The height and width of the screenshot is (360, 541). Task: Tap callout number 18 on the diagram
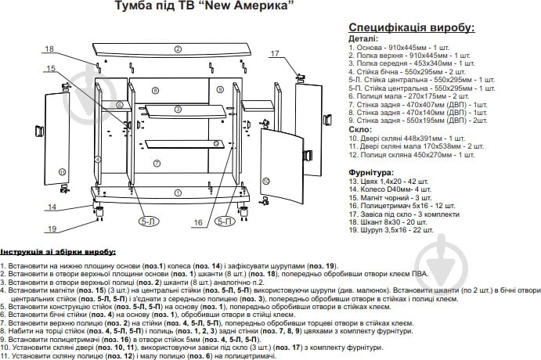point(50,49)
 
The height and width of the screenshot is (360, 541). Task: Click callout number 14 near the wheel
point(52,207)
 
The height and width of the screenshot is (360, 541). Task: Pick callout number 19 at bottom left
point(52,229)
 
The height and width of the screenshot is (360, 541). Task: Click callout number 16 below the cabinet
point(198,222)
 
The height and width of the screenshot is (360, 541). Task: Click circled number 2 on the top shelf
point(178,49)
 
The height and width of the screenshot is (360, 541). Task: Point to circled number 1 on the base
point(179,192)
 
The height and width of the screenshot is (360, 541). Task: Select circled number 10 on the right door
point(265,181)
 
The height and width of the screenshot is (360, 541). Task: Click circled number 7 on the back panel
point(157,163)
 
